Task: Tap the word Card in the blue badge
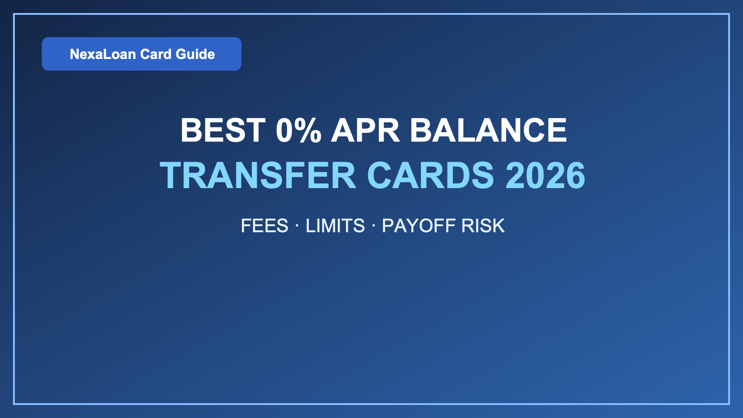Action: click(156, 54)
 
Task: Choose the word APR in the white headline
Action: click(365, 130)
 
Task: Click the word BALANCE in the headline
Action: click(488, 130)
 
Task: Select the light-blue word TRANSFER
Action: click(258, 176)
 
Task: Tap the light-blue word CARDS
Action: click(430, 176)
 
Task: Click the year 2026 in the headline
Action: click(545, 176)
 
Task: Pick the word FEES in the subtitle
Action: click(264, 226)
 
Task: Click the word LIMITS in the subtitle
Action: click(335, 226)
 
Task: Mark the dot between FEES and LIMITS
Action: click(297, 226)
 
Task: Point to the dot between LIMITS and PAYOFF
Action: click(373, 226)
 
